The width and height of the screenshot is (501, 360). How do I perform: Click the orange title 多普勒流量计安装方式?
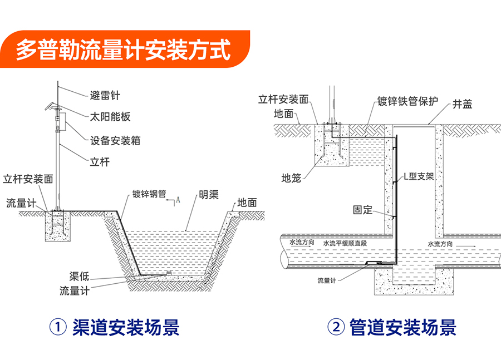(x=123, y=50)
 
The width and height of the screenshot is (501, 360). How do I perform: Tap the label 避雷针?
(x=105, y=95)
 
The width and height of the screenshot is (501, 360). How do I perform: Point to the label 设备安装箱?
(x=115, y=140)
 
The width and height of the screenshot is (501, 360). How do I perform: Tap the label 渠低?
(x=79, y=277)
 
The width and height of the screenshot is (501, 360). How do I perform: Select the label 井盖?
(x=463, y=104)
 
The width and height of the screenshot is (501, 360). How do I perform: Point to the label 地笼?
(x=291, y=178)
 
